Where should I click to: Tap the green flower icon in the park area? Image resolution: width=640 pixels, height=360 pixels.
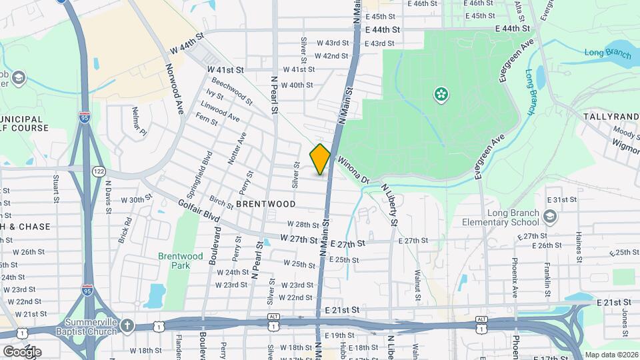tap(440, 95)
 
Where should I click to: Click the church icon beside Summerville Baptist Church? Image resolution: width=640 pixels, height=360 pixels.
tap(127, 325)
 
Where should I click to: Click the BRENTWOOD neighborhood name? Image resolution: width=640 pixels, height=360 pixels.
tap(265, 204)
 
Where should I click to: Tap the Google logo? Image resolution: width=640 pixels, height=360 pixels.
tap(21, 351)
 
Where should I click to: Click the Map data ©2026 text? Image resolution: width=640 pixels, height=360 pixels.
tap(611, 355)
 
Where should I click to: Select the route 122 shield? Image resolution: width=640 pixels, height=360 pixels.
tap(99, 171)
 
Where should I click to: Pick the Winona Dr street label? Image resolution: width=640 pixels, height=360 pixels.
tap(353, 170)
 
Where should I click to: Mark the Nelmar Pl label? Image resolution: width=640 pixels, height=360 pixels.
tap(139, 122)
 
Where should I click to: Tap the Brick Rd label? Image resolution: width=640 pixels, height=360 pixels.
tap(125, 229)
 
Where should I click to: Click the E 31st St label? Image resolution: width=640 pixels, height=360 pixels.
tap(560, 200)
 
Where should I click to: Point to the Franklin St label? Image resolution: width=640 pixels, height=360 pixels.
tap(547, 275)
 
